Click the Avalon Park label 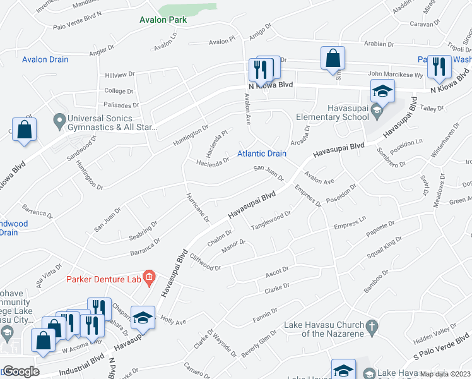tap(163, 20)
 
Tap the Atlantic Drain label tap(261, 153)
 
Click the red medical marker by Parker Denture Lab tap(149, 276)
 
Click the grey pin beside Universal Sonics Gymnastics tap(59, 119)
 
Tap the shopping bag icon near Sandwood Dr tap(24, 130)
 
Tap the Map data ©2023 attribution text tap(445, 374)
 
